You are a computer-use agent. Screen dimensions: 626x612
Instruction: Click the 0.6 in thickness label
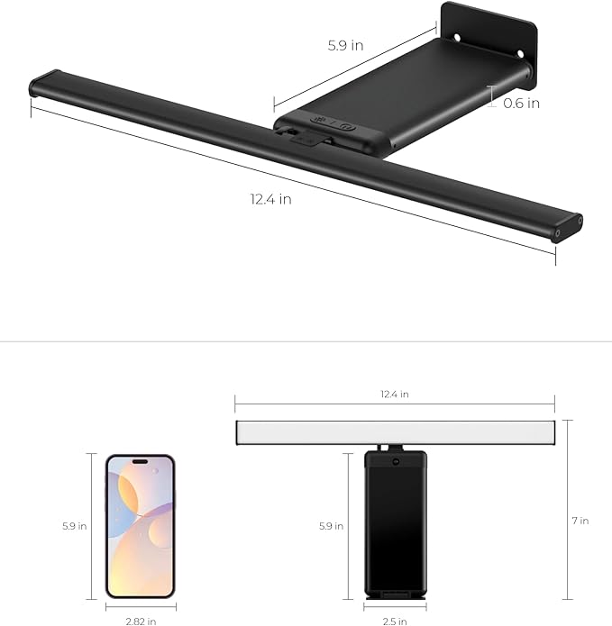click(522, 103)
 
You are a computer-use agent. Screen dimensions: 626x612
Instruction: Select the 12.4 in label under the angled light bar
click(270, 199)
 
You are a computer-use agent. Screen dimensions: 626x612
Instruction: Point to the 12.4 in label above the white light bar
click(393, 395)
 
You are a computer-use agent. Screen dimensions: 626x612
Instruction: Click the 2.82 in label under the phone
click(140, 620)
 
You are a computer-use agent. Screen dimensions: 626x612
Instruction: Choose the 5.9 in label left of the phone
click(75, 525)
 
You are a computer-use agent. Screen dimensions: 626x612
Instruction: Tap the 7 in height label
click(582, 521)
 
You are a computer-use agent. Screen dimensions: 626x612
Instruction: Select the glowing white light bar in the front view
click(393, 432)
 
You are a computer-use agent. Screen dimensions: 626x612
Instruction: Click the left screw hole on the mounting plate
click(457, 38)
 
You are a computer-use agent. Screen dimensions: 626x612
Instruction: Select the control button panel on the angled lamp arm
click(332, 125)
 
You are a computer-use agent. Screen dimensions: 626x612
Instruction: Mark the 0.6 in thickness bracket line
click(491, 97)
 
